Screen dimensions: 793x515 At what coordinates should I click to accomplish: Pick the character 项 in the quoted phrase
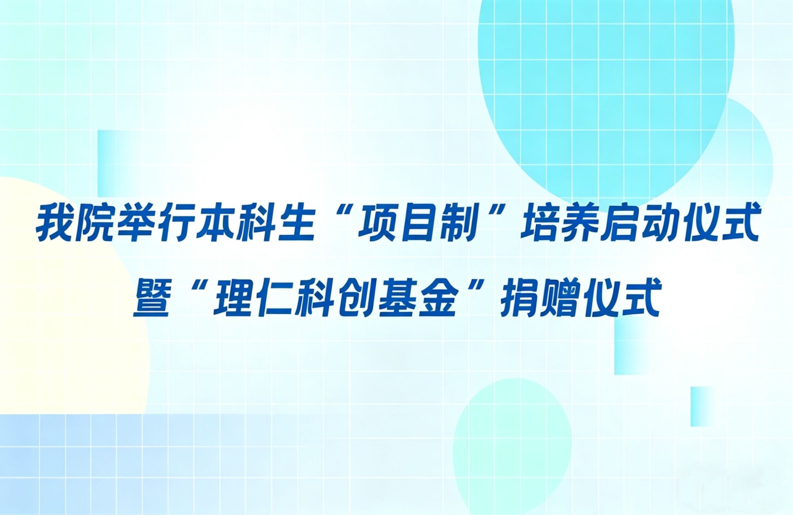point(377,224)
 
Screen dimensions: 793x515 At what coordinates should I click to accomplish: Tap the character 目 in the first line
point(417,224)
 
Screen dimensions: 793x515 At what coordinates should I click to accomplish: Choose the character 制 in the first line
point(457,224)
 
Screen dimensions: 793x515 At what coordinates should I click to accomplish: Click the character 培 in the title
point(540,224)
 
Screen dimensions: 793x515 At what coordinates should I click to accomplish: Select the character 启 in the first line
point(620,224)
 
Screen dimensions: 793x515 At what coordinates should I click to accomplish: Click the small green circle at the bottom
point(512,447)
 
